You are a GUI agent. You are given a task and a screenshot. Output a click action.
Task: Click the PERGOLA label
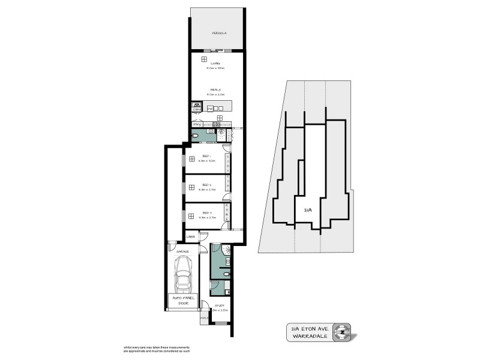point(217,33)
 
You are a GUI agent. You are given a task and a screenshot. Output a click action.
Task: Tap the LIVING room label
point(214,63)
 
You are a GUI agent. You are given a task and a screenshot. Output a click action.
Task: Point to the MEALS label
point(215,89)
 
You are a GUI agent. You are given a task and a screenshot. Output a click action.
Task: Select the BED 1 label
point(206,157)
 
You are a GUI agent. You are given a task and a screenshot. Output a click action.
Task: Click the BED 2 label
point(206,185)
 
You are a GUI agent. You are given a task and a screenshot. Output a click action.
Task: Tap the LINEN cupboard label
point(191,237)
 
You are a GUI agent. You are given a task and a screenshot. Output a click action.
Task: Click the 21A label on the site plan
point(307,211)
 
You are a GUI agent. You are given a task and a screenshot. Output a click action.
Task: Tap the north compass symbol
point(343,331)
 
